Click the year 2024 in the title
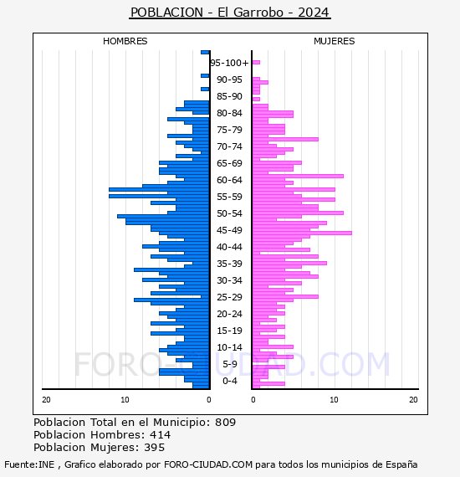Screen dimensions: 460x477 click(313, 13)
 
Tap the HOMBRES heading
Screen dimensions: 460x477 click(125, 41)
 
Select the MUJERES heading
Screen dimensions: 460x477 click(335, 41)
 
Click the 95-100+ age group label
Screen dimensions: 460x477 click(229, 63)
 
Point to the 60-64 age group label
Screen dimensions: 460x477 click(229, 180)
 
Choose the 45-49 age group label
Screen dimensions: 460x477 click(229, 230)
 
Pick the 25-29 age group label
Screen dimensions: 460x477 click(229, 297)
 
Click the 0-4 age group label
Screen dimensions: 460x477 click(230, 381)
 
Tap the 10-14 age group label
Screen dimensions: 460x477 click(229, 347)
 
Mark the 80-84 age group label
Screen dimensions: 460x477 click(229, 113)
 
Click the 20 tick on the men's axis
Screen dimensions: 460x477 click(46, 400)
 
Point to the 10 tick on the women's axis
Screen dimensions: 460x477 click(334, 400)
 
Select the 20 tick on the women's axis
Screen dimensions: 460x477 click(413, 400)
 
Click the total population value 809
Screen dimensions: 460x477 click(225, 423)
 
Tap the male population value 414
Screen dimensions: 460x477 click(161, 434)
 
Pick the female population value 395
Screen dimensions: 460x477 click(155, 447)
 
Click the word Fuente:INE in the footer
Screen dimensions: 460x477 click(29, 464)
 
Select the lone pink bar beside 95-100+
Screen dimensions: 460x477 click(256, 63)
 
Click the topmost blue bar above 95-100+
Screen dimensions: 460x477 click(205, 53)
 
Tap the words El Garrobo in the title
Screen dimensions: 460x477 click(251, 13)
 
